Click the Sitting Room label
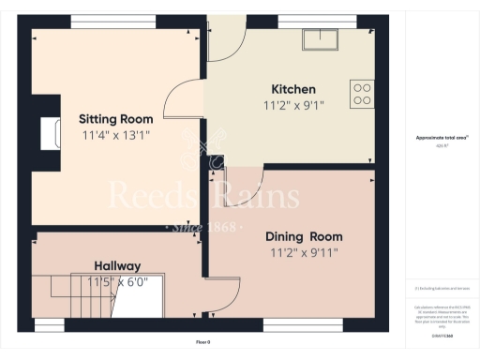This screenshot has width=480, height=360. [x=116, y=119]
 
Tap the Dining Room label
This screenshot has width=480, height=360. [x=303, y=236]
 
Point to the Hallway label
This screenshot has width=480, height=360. [x=117, y=265]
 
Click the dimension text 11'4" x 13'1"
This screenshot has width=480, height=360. [x=116, y=135]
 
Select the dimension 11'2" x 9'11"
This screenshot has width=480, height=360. [x=303, y=253]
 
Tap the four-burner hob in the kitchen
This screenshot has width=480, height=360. [x=361, y=93]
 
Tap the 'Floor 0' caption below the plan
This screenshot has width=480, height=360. [x=202, y=340]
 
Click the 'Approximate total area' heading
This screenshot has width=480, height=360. [x=442, y=138]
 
